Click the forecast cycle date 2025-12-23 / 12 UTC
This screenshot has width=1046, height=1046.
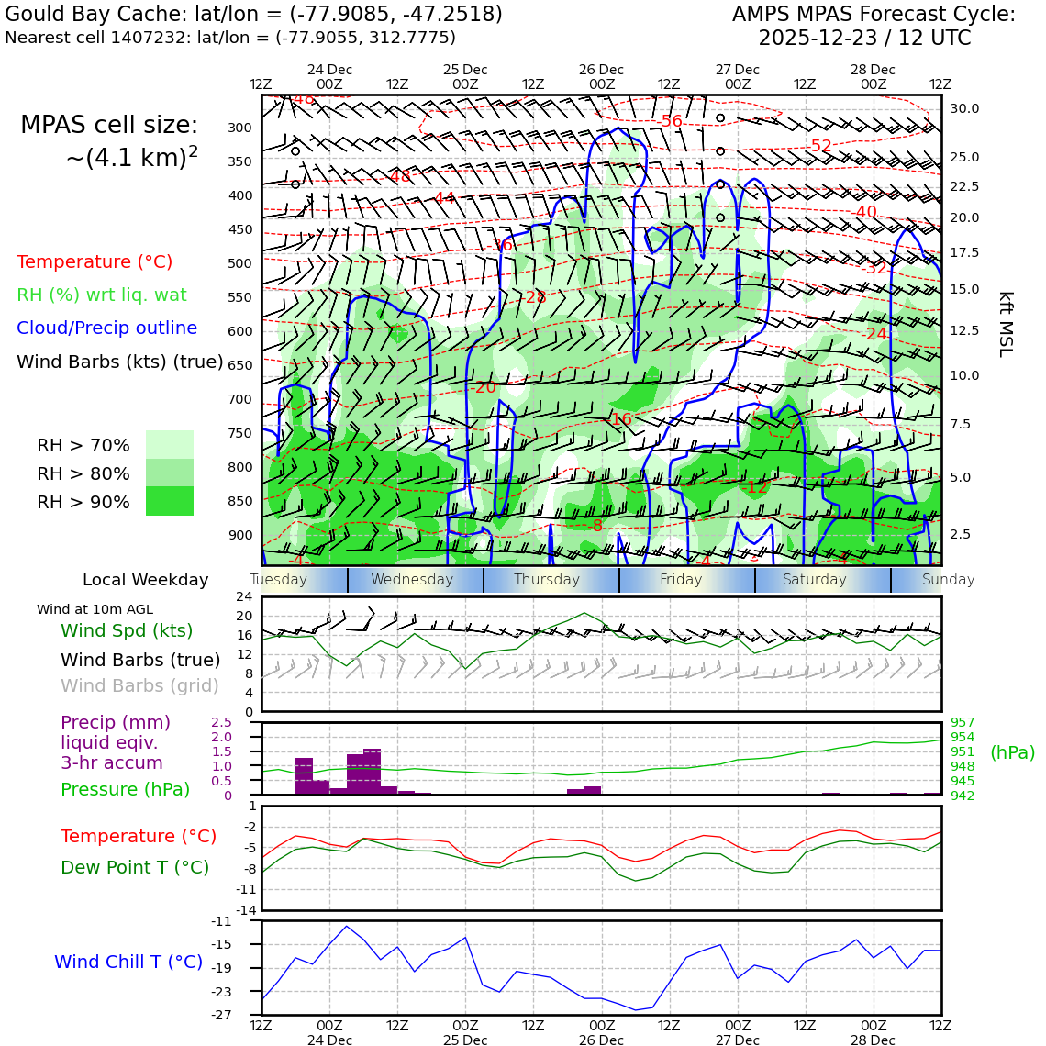864,39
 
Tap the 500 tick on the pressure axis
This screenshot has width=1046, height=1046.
239,263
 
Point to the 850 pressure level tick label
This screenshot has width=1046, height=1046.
239,501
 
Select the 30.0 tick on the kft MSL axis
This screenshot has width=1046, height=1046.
964,108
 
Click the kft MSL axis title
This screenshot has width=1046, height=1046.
1006,324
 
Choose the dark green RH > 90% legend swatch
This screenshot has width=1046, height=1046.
170,501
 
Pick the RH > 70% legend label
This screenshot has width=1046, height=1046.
83,446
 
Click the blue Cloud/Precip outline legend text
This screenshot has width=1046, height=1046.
106,328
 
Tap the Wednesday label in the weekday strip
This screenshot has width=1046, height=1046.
412,580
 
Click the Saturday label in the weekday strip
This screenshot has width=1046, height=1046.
815,580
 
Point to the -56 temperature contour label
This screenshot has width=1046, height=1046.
671,121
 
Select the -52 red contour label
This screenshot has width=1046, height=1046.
820,146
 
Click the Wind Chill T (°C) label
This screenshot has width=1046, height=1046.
128,962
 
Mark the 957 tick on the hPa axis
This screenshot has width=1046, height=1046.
963,722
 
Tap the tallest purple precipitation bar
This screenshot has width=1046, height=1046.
372,772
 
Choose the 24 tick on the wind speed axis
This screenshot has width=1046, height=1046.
244,596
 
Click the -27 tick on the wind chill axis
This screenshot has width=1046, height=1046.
221,1015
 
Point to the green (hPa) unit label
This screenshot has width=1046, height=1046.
1012,752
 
